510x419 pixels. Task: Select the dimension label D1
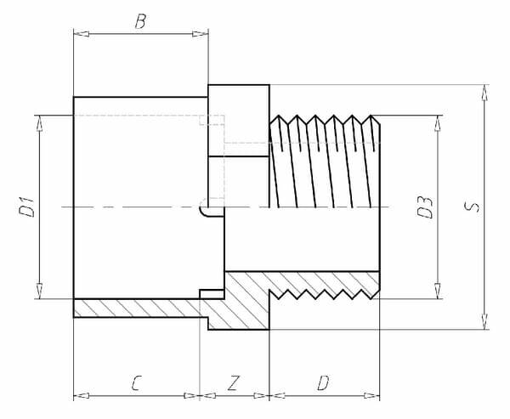pyautogui.click(x=28, y=207)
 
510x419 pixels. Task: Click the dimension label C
pyautogui.click(x=136, y=383)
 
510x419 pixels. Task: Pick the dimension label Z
pyautogui.click(x=234, y=383)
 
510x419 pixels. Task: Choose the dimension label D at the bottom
pyautogui.click(x=323, y=383)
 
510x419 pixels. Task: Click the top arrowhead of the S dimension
pyautogui.click(x=484, y=90)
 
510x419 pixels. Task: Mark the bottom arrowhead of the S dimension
pyautogui.click(x=484, y=324)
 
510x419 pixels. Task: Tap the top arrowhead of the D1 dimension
pyautogui.click(x=40, y=120)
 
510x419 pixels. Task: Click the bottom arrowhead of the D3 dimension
pyautogui.click(x=439, y=293)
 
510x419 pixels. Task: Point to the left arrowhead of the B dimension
pyautogui.click(x=79, y=34)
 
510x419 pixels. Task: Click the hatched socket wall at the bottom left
pyautogui.click(x=136, y=308)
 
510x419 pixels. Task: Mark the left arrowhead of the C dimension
pyautogui.click(x=79, y=395)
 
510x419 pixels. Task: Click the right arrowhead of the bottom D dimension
pyautogui.click(x=375, y=395)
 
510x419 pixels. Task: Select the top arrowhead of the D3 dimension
pyautogui.click(x=439, y=120)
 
